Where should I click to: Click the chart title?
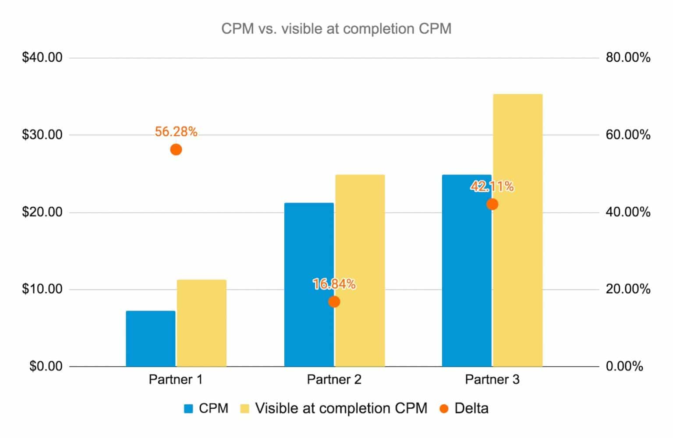[x=336, y=29]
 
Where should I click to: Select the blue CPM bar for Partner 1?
[x=150, y=338]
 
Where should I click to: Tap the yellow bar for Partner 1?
[x=202, y=323]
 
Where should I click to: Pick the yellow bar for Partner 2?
[x=360, y=270]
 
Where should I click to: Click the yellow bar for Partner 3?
[x=517, y=230]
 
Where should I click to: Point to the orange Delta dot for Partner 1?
[x=176, y=150]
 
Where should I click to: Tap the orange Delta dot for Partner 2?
[x=334, y=302]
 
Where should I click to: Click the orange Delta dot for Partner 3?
[x=492, y=204]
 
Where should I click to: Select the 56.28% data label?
[x=176, y=132]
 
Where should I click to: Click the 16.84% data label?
[x=334, y=284]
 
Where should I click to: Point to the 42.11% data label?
[x=492, y=187]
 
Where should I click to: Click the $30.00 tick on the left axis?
[x=42, y=134]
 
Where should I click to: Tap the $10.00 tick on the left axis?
[x=42, y=289]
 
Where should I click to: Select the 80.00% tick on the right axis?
[x=628, y=57]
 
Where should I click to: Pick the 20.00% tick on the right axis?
[x=628, y=289]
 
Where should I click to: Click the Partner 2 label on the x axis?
[x=334, y=379]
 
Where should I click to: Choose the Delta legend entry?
[x=464, y=408]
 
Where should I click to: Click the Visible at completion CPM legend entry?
[x=333, y=408]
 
